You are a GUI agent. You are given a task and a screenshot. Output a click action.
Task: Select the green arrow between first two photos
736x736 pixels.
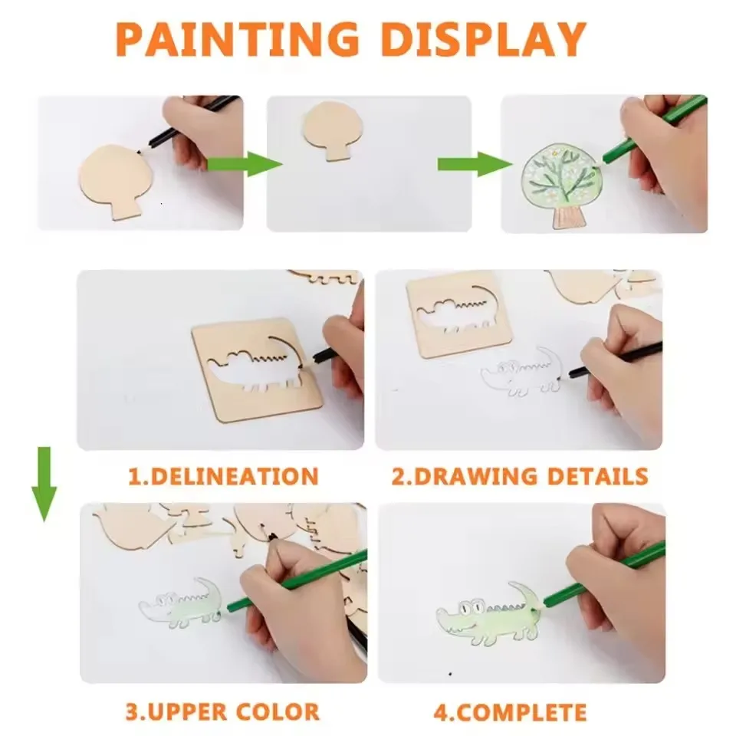click(244, 163)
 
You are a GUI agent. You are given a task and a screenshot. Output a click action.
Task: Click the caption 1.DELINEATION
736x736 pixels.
click(222, 476)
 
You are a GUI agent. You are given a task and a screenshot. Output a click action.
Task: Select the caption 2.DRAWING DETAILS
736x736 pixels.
click(520, 476)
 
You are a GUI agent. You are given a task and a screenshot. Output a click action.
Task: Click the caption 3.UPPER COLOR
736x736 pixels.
click(222, 711)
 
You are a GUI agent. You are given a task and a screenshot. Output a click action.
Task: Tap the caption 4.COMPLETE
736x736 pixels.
click(510, 711)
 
